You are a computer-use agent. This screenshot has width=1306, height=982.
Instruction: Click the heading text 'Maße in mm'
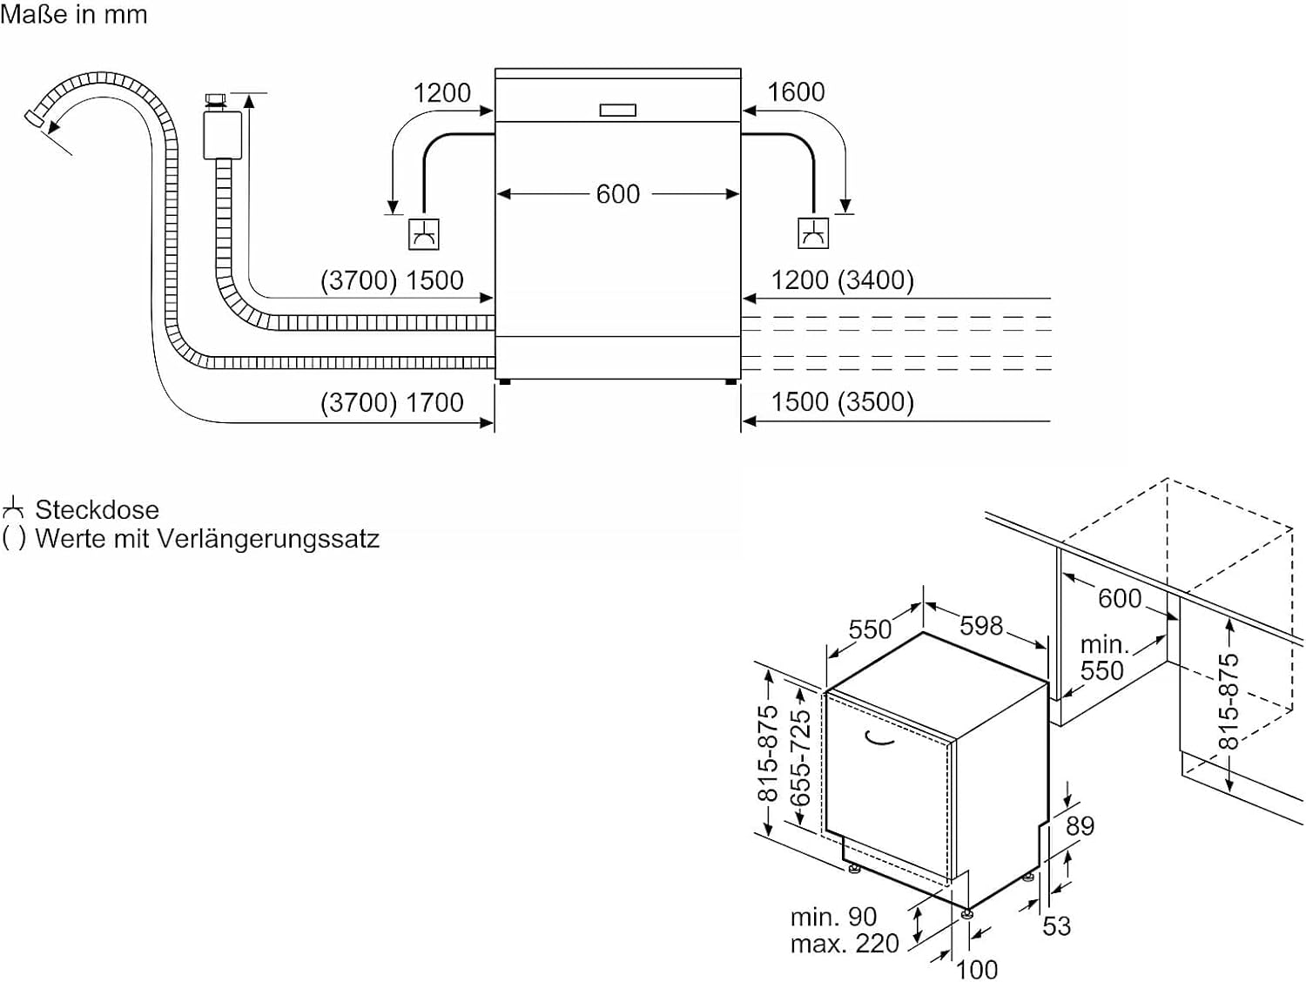pyautogui.click(x=74, y=14)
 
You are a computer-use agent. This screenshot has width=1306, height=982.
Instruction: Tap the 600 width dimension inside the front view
pyautogui.click(x=617, y=193)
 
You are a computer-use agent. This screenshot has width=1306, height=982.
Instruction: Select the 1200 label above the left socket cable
pyautogui.click(x=441, y=92)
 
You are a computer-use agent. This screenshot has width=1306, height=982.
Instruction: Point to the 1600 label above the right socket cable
pyautogui.click(x=796, y=91)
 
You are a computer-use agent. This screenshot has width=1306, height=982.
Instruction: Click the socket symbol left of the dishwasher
pyautogui.click(x=424, y=234)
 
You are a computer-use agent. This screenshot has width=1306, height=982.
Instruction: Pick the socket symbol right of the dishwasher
pyautogui.click(x=813, y=233)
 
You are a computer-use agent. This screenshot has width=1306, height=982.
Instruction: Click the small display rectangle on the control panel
pyautogui.click(x=617, y=110)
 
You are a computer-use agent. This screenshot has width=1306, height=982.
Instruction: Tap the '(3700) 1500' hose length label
pyautogui.click(x=392, y=280)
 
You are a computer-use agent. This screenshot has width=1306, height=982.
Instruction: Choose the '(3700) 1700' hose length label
pyautogui.click(x=392, y=402)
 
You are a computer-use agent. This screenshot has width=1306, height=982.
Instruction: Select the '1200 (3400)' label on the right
pyautogui.click(x=842, y=280)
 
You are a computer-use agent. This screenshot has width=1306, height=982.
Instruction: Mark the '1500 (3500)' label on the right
pyautogui.click(x=842, y=402)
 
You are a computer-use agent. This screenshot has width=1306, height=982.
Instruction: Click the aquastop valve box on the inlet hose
pyautogui.click(x=222, y=134)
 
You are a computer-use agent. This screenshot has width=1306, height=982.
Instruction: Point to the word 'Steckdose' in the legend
pyautogui.click(x=97, y=509)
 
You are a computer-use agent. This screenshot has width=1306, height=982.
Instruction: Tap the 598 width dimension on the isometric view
pyautogui.click(x=981, y=625)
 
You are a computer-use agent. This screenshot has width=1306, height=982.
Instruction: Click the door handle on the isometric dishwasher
pyautogui.click(x=879, y=739)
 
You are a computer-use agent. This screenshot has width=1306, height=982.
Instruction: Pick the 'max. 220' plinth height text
pyautogui.click(x=845, y=944)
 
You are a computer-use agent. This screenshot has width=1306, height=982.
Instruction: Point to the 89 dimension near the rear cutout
pyautogui.click(x=1080, y=825)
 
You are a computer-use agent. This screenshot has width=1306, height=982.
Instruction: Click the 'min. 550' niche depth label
pyautogui.click(x=1102, y=657)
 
